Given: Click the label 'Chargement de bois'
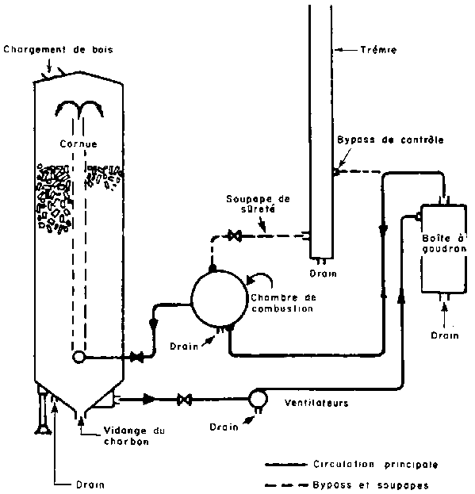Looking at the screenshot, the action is (x=58, y=50).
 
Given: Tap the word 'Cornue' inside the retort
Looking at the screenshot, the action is (x=79, y=144).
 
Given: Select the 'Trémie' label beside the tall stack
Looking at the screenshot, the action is (x=378, y=50).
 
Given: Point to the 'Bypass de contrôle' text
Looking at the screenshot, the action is (x=391, y=140).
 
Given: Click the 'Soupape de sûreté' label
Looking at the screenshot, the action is (x=258, y=204).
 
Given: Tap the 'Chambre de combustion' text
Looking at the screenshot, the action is (x=283, y=303).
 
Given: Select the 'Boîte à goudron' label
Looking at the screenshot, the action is (x=444, y=243).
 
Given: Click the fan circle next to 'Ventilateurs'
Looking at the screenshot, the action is (x=259, y=399).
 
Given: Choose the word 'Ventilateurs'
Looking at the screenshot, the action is (x=316, y=403).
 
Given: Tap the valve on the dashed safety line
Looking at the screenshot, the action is (x=235, y=236).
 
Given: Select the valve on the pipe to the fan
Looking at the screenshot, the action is (x=184, y=400).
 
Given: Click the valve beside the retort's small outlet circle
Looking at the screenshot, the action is (x=137, y=358).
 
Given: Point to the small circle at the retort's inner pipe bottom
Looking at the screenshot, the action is (x=79, y=357).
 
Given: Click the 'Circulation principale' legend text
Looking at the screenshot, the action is (x=375, y=465).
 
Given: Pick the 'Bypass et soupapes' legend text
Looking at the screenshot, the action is (x=370, y=484).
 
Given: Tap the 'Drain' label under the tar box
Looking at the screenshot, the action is (x=444, y=335).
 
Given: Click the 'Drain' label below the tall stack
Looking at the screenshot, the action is (x=324, y=273).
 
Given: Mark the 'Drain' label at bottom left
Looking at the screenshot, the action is (x=90, y=484).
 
